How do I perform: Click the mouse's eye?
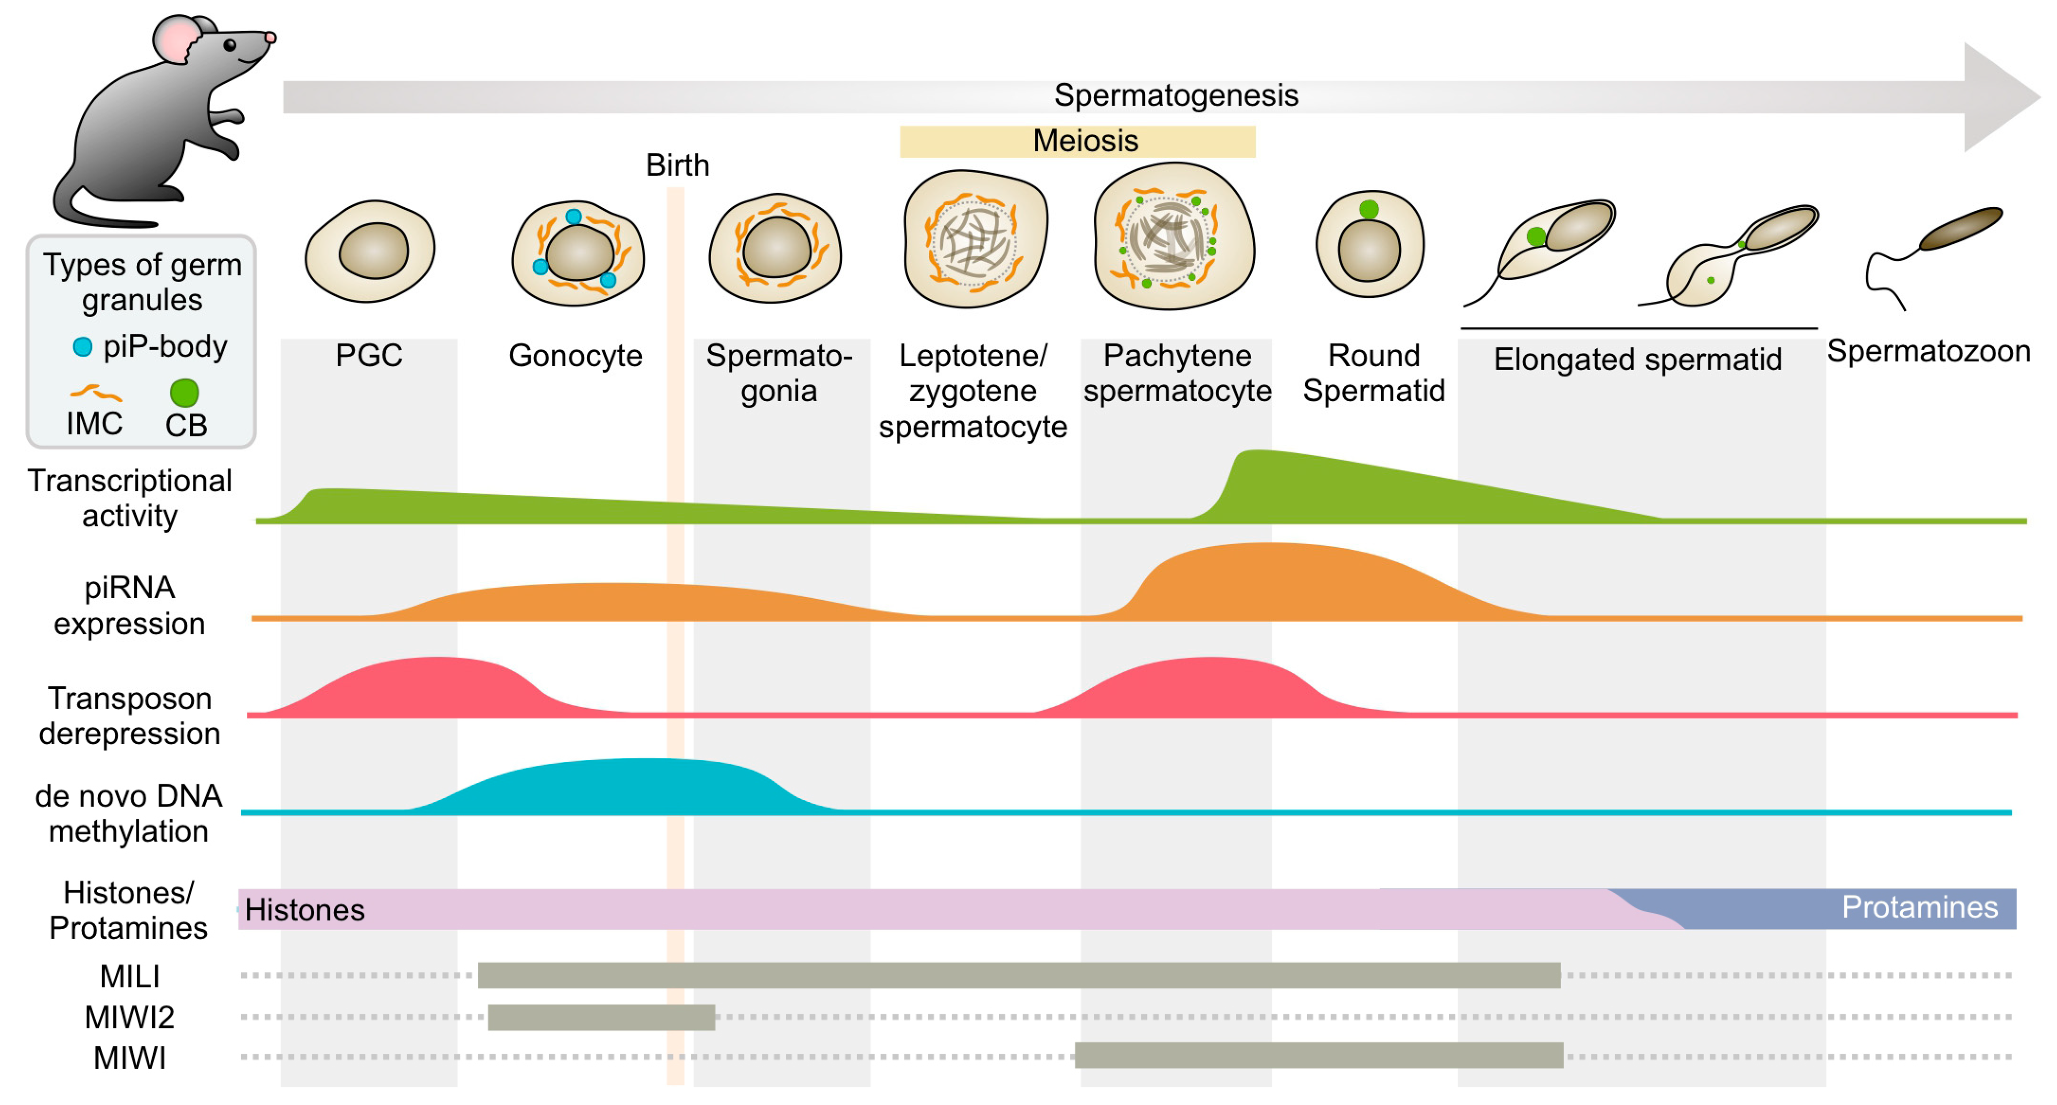click(x=230, y=45)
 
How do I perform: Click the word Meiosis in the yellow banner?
click(x=1085, y=142)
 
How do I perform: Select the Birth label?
click(x=677, y=165)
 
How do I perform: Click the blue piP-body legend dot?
click(x=82, y=347)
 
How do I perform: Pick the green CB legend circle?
click(x=185, y=393)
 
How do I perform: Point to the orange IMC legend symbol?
click(x=95, y=393)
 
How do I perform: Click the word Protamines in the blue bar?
click(x=1919, y=908)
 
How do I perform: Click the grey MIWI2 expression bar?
click(x=601, y=1017)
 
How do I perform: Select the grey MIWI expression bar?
click(x=1319, y=1055)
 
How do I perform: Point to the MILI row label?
click(x=129, y=976)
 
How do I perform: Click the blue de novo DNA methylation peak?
click(x=639, y=787)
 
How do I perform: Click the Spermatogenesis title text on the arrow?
click(x=1176, y=96)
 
